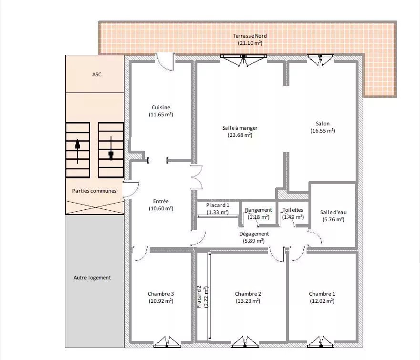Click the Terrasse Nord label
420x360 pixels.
pos(250,36)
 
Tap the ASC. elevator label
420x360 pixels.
pos(98,74)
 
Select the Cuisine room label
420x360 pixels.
pos(161,107)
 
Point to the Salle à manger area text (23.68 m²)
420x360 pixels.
pos(240,135)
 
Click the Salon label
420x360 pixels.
pos(322,123)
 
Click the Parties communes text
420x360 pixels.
pos(94,191)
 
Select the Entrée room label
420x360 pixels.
pos(161,201)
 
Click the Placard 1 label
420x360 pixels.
pos(217,205)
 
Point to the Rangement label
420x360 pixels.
pos(258,210)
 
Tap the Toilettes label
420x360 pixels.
pos(293,210)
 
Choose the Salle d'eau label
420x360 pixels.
pos(333,212)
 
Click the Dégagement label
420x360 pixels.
pos(254,234)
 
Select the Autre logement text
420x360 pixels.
pos(92,278)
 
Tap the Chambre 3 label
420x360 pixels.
pos(161,294)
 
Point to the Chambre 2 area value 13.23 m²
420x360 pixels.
pos(248,301)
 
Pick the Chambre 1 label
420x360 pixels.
pos(322,294)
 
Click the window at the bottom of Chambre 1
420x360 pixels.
pos(320,342)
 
